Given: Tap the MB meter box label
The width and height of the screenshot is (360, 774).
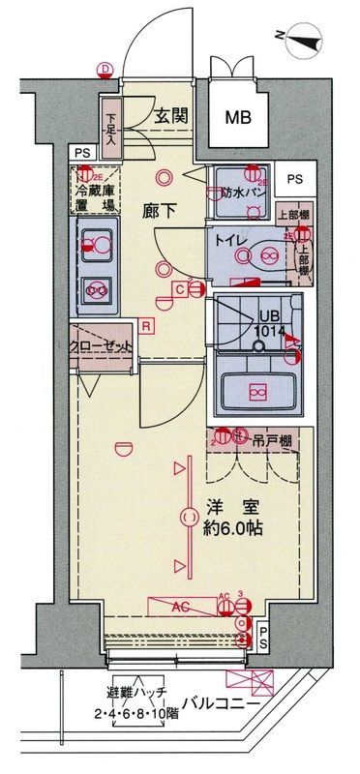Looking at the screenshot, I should tap(237, 118).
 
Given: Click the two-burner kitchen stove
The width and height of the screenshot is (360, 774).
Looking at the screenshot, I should tap(97, 287).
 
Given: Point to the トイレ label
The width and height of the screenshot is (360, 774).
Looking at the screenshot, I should tap(229, 239).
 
